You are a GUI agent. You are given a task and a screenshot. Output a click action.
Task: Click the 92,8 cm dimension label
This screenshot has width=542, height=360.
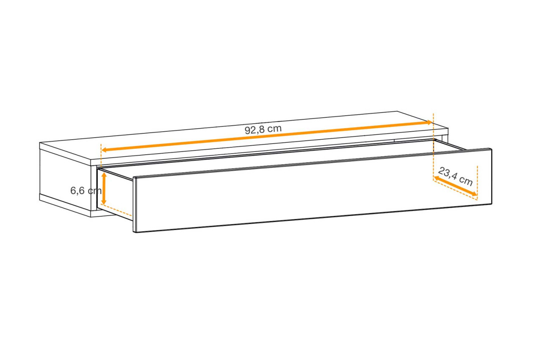(263, 129)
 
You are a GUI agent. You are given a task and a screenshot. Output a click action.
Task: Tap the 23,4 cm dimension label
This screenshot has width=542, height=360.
(455, 176)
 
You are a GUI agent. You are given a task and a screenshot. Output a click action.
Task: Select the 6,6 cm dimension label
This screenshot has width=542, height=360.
(86, 191)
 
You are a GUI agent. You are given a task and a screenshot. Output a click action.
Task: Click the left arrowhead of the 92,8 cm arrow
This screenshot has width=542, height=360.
(104, 150)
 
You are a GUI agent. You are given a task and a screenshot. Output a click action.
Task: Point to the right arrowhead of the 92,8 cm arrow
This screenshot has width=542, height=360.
(430, 122)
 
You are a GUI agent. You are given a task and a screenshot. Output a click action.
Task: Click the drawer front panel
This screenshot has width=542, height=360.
(312, 191)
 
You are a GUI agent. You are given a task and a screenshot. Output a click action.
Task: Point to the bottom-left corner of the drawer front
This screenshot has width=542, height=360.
(135, 232)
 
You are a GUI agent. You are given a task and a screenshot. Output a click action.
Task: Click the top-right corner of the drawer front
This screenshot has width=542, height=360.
(490, 149)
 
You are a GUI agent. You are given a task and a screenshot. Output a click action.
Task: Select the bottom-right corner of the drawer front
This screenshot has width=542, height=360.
(492, 204)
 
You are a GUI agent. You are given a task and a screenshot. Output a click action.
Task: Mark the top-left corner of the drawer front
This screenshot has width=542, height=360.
(133, 177)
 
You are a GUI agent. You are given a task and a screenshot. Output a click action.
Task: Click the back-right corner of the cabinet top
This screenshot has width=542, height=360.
(397, 111)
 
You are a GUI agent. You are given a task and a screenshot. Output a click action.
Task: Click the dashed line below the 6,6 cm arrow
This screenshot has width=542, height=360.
(116, 210)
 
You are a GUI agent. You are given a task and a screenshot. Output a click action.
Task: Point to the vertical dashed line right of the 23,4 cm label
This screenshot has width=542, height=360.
(477, 183)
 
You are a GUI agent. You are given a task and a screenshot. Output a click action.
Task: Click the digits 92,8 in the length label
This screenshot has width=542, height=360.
(255, 130)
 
